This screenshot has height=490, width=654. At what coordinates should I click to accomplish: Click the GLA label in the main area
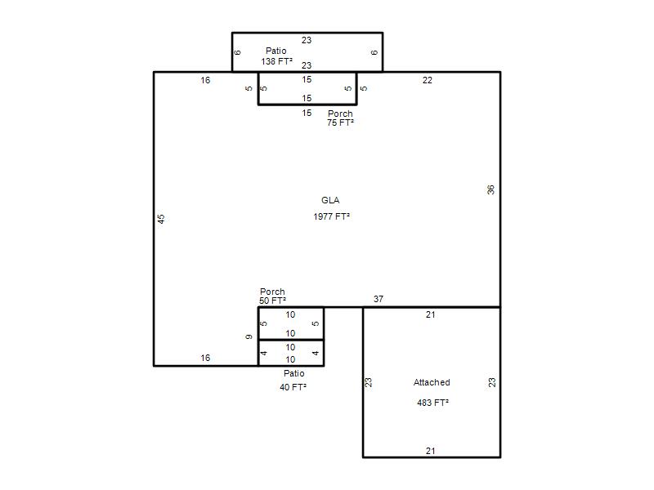[x=330, y=200]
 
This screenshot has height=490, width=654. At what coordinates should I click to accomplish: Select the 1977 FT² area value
[x=332, y=216]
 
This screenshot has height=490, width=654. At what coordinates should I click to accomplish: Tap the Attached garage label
[x=432, y=382]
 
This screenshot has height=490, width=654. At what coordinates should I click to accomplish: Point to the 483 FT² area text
[x=433, y=403]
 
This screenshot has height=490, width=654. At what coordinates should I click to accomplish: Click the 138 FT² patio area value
[x=277, y=62]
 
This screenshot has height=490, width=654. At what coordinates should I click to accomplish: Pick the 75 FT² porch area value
[x=340, y=122]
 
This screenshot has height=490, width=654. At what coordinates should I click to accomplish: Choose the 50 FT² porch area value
[x=272, y=301]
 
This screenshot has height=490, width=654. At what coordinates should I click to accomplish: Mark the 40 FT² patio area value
[x=293, y=387]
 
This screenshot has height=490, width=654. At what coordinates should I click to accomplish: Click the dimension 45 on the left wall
[x=161, y=219]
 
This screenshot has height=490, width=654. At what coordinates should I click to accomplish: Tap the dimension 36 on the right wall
[x=490, y=190]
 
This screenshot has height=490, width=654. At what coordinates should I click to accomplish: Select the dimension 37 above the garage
[x=379, y=299]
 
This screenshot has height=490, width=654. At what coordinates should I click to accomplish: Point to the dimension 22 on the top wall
[x=427, y=80]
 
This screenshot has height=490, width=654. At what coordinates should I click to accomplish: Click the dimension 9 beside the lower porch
[x=249, y=336]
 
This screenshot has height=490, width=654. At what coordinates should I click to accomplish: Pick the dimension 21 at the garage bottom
[x=431, y=451]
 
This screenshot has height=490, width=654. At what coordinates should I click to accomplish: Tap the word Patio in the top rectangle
[x=276, y=51]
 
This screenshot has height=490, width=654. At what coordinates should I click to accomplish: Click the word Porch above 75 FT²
[x=340, y=114]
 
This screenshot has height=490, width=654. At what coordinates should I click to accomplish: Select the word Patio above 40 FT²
[x=294, y=373]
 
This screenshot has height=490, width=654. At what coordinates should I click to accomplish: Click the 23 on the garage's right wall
[x=492, y=382]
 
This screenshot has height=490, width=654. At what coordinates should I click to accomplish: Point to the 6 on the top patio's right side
[x=374, y=52]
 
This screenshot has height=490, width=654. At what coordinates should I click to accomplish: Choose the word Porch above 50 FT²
[x=272, y=292]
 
